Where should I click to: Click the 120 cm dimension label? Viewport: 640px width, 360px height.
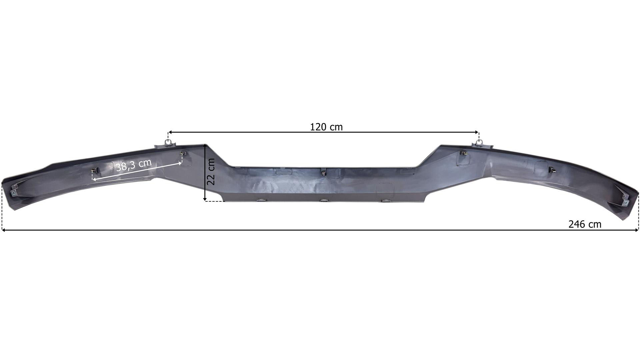[326, 127]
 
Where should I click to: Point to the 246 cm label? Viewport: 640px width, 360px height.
[585, 224]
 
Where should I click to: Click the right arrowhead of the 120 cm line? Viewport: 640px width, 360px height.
[477, 132]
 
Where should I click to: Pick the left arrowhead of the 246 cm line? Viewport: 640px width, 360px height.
[4, 230]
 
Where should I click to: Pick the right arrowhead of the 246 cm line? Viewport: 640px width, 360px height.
[637, 230]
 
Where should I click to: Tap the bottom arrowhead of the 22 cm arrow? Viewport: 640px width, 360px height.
[205, 199]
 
